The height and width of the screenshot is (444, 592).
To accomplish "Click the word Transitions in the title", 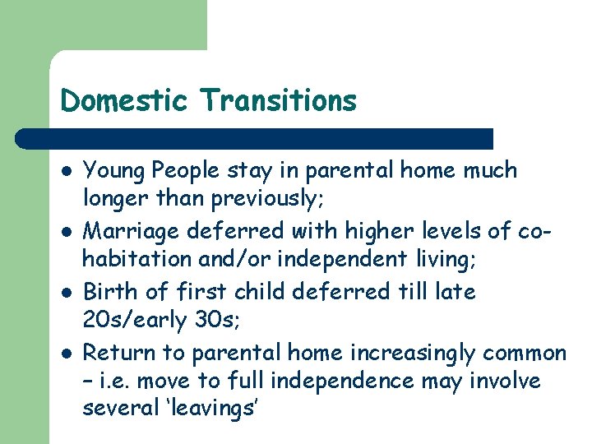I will [280, 100].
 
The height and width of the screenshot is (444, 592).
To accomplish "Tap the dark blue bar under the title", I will [255, 138].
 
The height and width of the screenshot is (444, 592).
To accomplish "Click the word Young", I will [110, 171].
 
